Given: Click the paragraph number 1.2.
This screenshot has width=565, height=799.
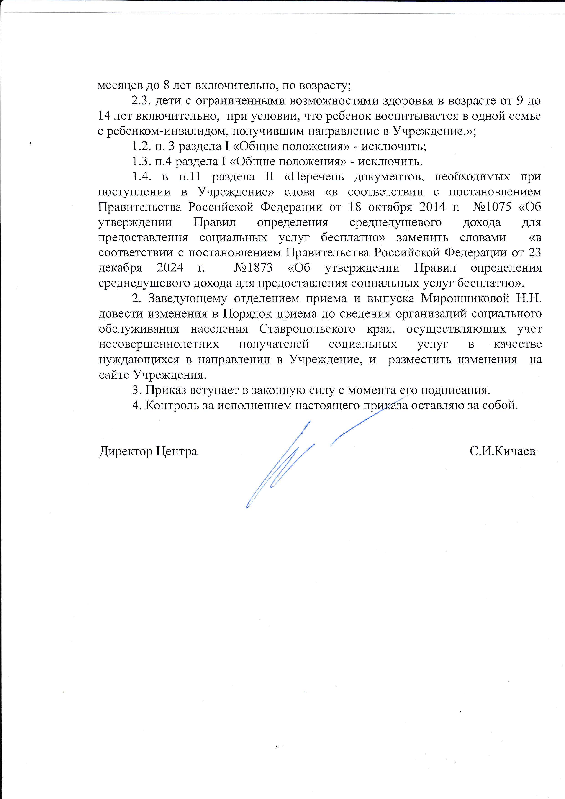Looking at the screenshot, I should [x=141, y=146].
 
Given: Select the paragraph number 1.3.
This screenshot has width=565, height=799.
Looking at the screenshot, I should [x=141, y=162].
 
